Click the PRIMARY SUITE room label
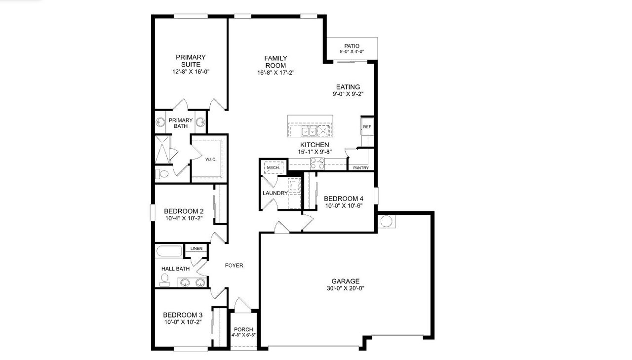coord(191,61)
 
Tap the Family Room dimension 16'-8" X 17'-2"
coord(276,73)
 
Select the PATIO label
coord(352,46)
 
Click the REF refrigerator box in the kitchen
coord(366,127)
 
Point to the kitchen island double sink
coord(310,131)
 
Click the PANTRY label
coord(360,168)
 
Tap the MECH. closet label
coord(273,168)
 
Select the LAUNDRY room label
coord(275,193)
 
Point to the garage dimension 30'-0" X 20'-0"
coord(345,288)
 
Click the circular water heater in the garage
coord(386,221)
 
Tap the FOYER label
coord(234,265)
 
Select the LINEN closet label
coord(196,248)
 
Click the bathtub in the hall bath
coord(169,251)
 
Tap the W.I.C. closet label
coord(211,160)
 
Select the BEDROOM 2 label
coord(184,211)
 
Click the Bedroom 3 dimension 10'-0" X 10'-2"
coord(183,322)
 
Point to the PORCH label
coord(243,329)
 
